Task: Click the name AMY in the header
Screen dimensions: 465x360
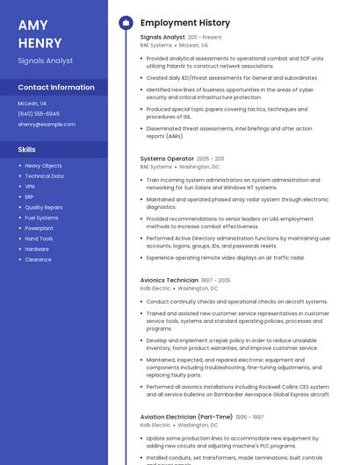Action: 32,25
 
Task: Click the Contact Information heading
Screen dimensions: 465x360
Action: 56,87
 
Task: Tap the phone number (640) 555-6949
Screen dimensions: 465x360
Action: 39,114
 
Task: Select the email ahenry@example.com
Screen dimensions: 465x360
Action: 47,125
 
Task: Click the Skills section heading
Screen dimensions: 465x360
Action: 26,149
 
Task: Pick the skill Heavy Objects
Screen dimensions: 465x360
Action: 43,166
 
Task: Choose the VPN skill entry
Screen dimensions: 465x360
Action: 30,186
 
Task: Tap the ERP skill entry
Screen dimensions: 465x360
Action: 30,197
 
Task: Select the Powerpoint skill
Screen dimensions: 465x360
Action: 39,228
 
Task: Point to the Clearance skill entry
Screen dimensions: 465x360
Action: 38,260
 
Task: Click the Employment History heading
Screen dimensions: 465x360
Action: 184,23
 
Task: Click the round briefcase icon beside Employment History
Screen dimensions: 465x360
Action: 125,23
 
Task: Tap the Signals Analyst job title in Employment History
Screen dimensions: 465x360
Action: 162,37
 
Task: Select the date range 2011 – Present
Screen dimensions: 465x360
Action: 205,38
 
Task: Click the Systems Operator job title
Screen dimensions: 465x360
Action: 167,159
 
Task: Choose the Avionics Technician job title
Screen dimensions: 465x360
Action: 169,280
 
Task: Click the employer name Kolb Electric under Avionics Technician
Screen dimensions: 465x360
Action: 155,288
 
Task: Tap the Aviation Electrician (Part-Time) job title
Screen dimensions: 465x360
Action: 186,417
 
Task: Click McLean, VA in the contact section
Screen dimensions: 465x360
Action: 32,104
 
